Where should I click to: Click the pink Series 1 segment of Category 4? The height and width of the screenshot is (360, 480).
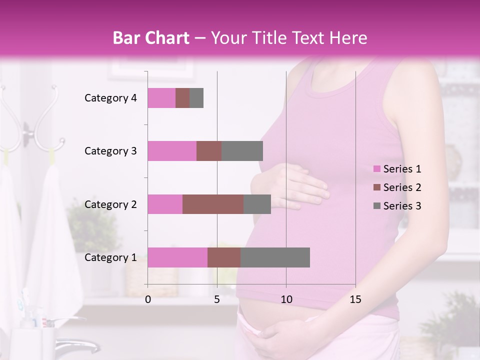point(161,98)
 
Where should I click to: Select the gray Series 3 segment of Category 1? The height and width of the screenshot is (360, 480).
point(275,257)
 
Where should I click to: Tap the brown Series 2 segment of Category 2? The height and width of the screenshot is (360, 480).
point(213,204)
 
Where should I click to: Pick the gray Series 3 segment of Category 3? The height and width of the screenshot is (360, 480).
point(242,151)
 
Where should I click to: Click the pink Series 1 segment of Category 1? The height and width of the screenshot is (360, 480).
point(177,257)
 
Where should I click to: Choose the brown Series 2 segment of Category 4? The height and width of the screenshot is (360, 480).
point(182,98)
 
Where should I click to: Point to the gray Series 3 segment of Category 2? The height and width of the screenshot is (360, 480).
point(257,204)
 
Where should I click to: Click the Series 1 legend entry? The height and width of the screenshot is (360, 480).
point(397,169)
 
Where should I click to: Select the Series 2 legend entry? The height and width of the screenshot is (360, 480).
point(397,187)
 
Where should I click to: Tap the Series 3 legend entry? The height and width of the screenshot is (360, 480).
point(397,206)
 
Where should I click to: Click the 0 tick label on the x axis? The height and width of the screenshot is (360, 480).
point(148,299)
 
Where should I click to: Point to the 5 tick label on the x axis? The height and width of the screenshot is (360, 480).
point(217,299)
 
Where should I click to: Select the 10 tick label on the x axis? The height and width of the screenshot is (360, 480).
point(286,299)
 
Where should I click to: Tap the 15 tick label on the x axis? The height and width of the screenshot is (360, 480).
point(355,299)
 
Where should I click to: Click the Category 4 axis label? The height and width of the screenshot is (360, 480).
point(110,98)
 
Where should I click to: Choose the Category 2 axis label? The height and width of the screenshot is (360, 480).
point(110,204)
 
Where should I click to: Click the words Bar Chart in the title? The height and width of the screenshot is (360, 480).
point(151,38)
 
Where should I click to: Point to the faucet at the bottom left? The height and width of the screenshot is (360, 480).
point(80,345)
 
